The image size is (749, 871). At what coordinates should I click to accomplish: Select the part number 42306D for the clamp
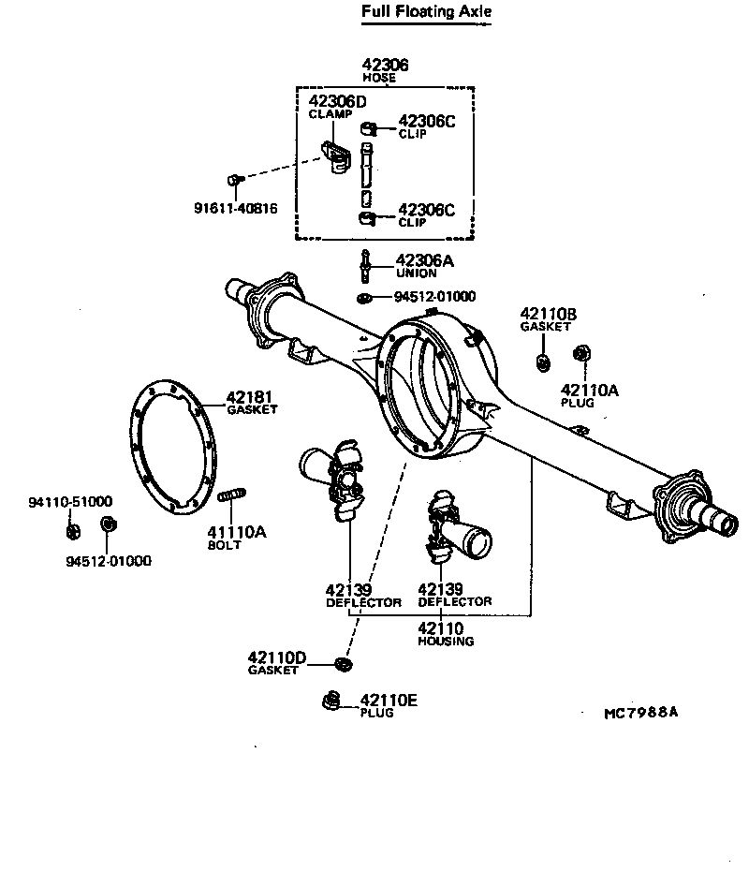336,102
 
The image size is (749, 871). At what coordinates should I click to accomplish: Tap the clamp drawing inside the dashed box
336,155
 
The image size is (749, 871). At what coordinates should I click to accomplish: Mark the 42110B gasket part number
548,314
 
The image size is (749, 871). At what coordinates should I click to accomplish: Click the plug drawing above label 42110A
580,353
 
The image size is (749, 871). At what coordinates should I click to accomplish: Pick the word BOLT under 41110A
225,544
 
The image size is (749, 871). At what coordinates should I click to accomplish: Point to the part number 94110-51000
69,502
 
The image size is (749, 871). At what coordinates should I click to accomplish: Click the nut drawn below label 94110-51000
72,532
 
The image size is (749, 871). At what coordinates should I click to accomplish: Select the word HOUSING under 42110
446,642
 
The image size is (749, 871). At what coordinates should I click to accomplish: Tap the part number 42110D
277,657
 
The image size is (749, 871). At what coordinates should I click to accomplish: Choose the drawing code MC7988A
640,713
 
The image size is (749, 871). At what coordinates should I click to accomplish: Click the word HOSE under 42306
379,78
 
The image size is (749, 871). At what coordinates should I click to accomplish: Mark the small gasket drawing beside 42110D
344,664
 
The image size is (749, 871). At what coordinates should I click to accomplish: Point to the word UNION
416,273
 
